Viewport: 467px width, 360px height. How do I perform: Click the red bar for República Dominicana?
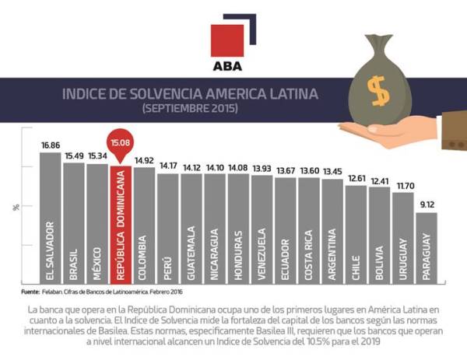coord(121,225)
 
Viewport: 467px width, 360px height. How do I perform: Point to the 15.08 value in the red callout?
coord(121,142)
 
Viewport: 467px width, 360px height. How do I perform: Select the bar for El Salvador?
coord(51,218)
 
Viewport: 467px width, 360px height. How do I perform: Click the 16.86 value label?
coord(51,145)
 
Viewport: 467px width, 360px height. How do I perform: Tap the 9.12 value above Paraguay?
coord(426,205)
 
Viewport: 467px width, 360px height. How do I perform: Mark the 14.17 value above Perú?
coord(168,166)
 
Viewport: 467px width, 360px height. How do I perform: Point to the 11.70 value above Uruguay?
coord(402,186)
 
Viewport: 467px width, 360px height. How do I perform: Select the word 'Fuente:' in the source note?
coord(29,292)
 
